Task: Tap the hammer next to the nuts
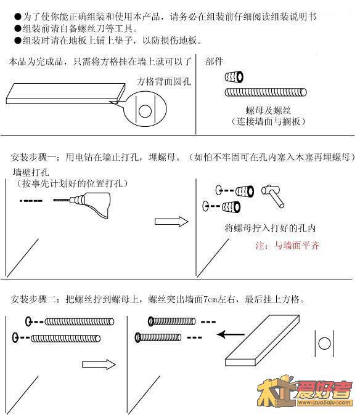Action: click(x=273, y=196)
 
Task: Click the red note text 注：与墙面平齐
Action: click(x=287, y=246)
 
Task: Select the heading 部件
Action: click(x=214, y=62)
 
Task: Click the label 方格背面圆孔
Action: click(x=164, y=81)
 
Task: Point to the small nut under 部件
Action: click(x=234, y=77)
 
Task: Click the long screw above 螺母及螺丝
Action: click(x=266, y=92)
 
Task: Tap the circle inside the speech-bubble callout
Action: click(x=145, y=111)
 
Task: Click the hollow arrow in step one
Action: click(x=171, y=222)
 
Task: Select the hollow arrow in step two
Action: click(x=99, y=365)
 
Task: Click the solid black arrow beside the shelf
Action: click(x=231, y=334)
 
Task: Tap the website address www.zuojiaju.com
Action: click(x=325, y=403)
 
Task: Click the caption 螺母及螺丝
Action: click(x=268, y=110)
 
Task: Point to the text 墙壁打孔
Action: click(x=31, y=172)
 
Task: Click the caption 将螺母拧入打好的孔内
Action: click(x=270, y=228)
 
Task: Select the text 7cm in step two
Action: click(x=210, y=299)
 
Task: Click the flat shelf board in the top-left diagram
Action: click(x=65, y=94)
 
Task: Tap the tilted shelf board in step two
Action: click(x=262, y=340)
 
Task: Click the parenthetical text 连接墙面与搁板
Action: click(x=268, y=121)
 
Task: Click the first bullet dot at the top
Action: click(x=18, y=17)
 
